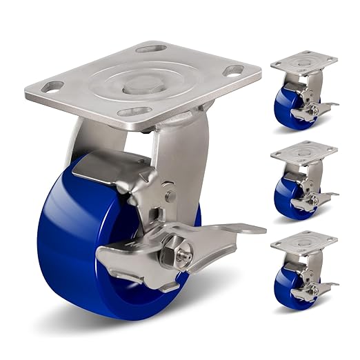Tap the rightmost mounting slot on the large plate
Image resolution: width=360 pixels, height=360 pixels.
tap(234, 70)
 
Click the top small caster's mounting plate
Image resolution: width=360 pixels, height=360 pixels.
tap(303, 63)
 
